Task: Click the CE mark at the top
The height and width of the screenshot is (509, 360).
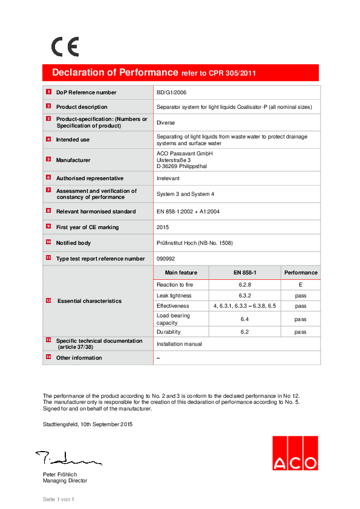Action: (65, 47)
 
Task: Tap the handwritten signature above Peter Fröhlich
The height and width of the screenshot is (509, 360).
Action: (67, 458)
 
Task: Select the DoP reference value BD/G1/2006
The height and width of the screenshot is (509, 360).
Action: (172, 92)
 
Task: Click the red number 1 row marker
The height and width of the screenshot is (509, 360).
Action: (48, 92)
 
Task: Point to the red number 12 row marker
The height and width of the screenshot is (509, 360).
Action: (48, 300)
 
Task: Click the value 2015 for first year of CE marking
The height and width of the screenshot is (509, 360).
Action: (163, 227)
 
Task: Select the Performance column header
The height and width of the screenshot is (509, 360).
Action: (301, 273)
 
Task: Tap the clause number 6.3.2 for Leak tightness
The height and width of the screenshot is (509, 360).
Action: (245, 296)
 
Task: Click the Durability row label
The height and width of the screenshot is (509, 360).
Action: (168, 332)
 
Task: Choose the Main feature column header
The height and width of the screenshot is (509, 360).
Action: (181, 273)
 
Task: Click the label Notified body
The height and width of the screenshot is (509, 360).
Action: (74, 243)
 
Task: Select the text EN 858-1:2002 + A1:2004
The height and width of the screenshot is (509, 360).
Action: (188, 212)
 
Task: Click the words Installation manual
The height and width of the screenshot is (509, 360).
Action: (179, 343)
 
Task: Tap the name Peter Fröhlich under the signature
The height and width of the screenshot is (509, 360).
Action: (59, 475)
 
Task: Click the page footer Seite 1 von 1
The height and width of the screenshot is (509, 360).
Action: (58, 499)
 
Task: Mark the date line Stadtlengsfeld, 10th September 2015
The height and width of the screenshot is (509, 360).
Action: (88, 424)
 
